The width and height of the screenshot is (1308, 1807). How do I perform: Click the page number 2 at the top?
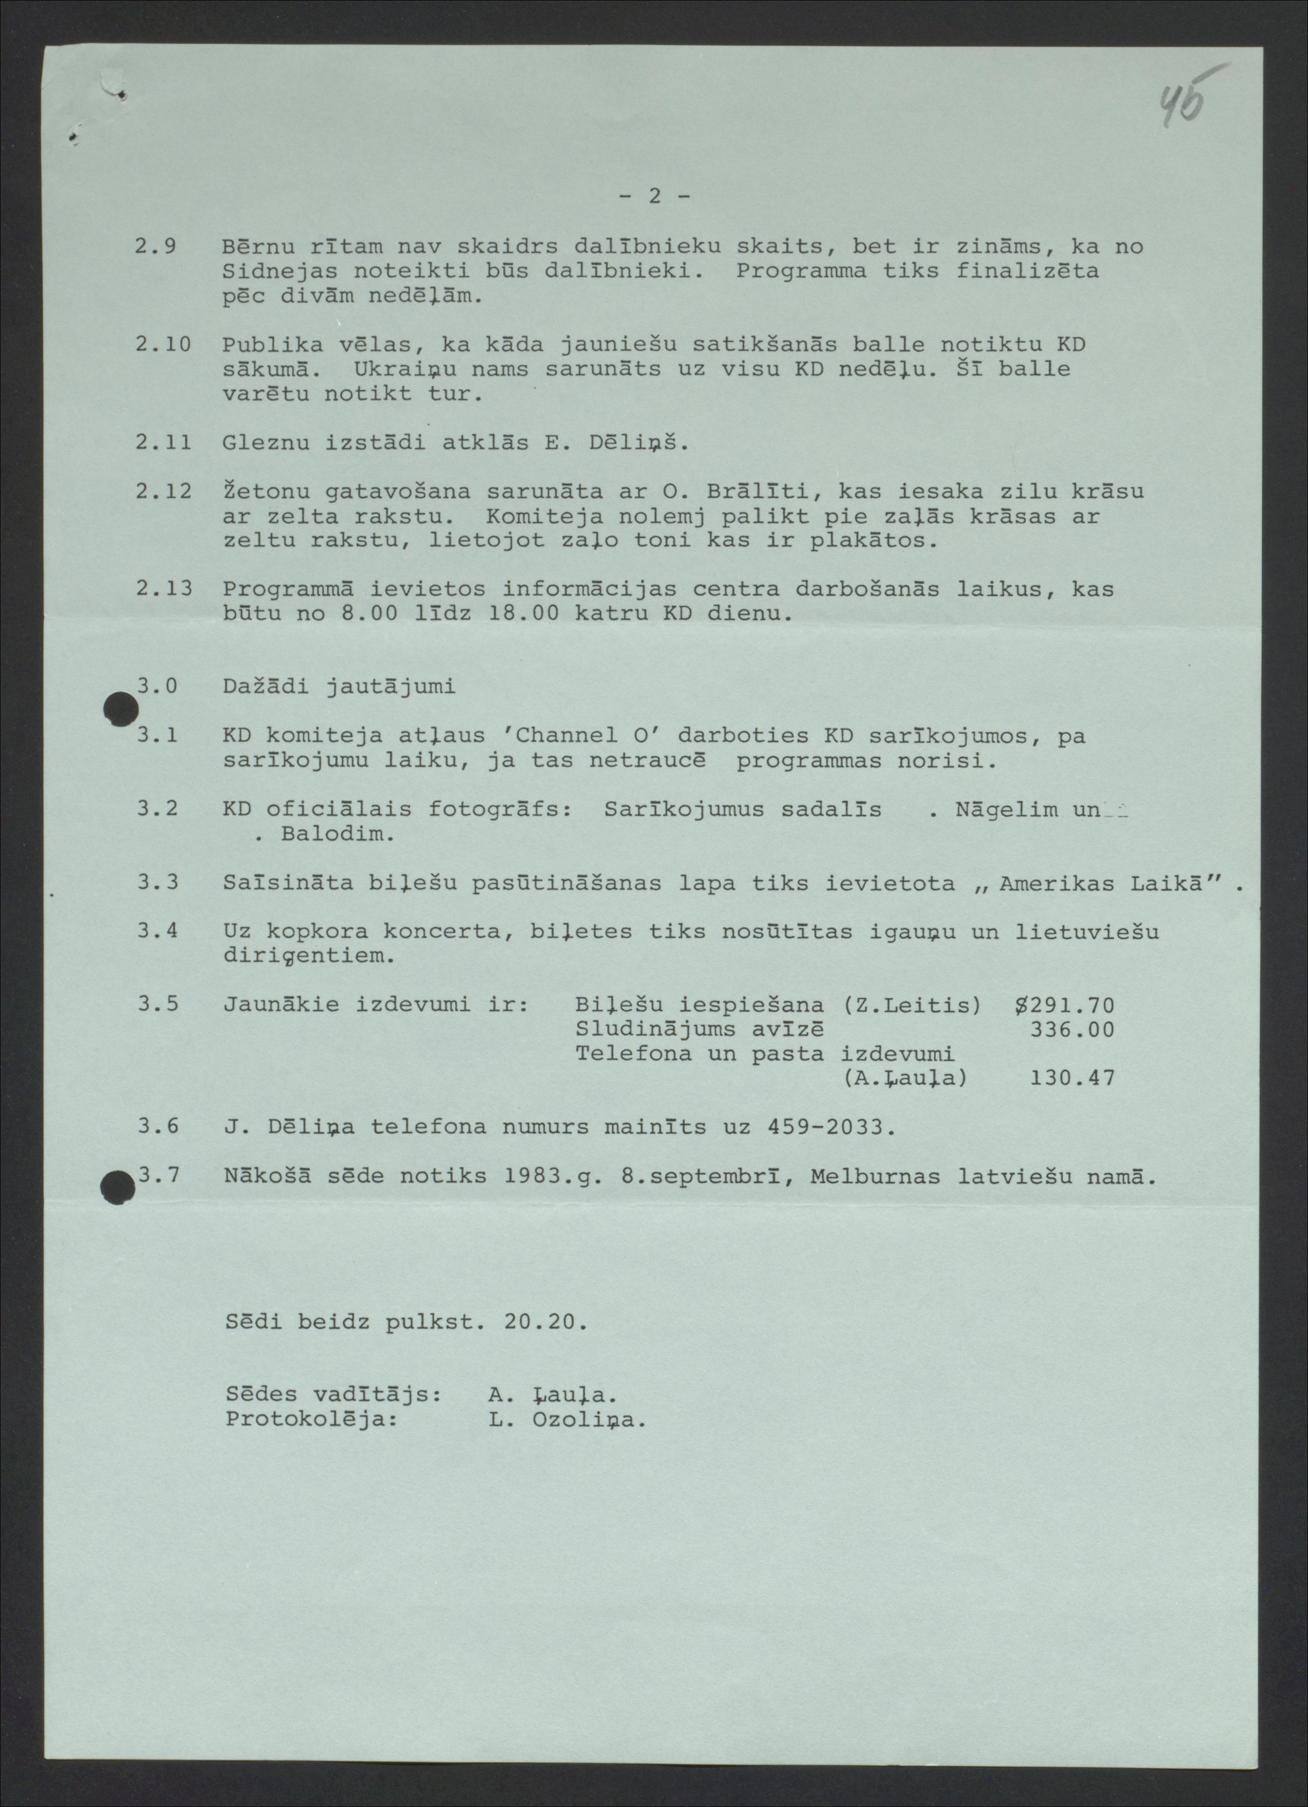(654, 196)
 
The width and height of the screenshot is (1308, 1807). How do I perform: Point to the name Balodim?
(338, 834)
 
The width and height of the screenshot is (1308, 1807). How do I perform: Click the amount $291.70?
(1064, 1005)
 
